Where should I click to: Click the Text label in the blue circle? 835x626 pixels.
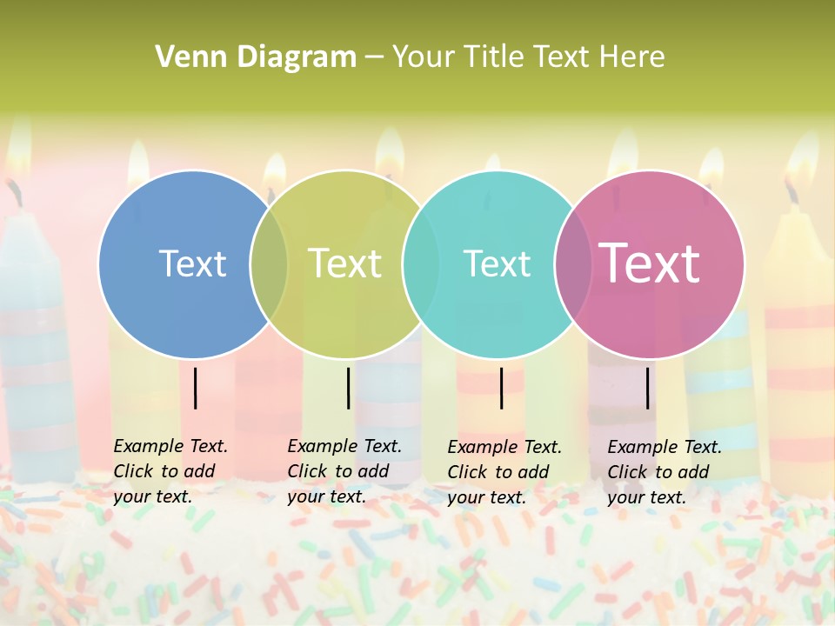[192, 263]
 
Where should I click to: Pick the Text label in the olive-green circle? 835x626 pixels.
[345, 263]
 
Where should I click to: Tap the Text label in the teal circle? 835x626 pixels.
[497, 263]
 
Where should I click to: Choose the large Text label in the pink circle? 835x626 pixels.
[650, 263]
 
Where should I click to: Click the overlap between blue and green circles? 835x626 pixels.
[269, 264]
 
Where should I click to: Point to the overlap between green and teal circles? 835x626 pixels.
[421, 264]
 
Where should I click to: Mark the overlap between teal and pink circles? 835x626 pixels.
[573, 264]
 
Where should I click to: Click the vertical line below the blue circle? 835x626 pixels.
[196, 388]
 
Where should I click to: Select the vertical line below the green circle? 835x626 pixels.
[348, 388]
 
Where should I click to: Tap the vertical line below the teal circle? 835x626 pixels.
[501, 388]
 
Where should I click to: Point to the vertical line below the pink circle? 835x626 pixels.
[648, 388]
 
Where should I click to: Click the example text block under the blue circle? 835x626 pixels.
[170, 471]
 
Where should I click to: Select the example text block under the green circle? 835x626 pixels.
[344, 471]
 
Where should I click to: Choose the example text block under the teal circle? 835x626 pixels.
[504, 472]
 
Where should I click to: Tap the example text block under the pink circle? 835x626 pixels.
[664, 472]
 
